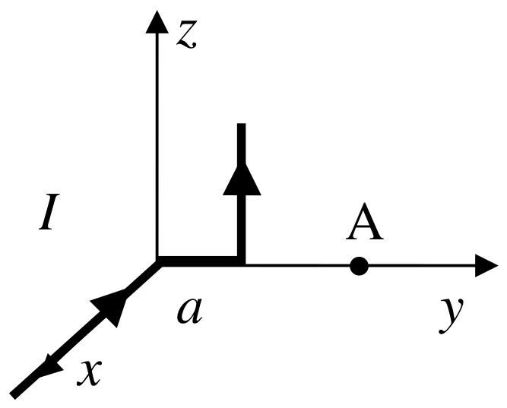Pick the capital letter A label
pyautogui.click(x=365, y=226)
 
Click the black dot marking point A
pyautogui.click(x=360, y=266)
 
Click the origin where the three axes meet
pyautogui.click(x=157, y=264)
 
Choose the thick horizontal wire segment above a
pyautogui.click(x=199, y=263)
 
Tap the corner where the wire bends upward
pyautogui.click(x=242, y=263)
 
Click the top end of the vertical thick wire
pyautogui.click(x=242, y=125)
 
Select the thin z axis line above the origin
pyautogui.click(x=157, y=144)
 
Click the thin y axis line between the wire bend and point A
pyautogui.click(x=300, y=266)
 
